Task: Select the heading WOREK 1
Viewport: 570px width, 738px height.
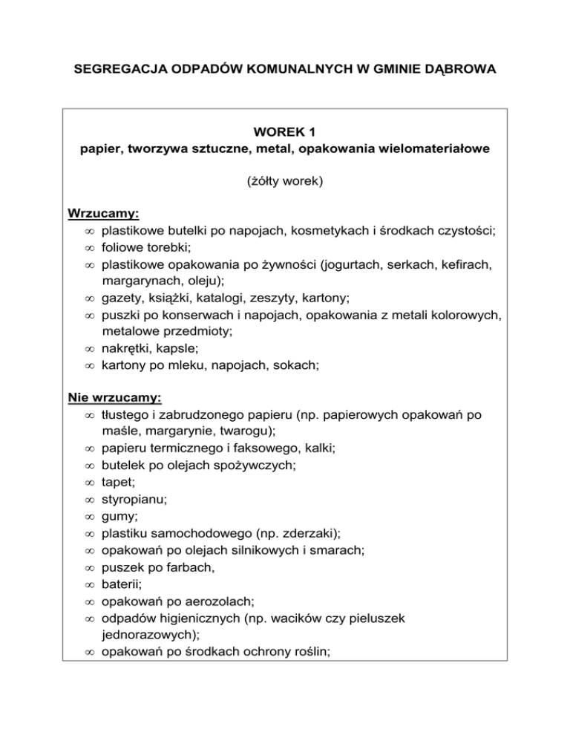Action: (284, 133)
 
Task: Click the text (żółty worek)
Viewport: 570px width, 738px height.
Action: (284, 180)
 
